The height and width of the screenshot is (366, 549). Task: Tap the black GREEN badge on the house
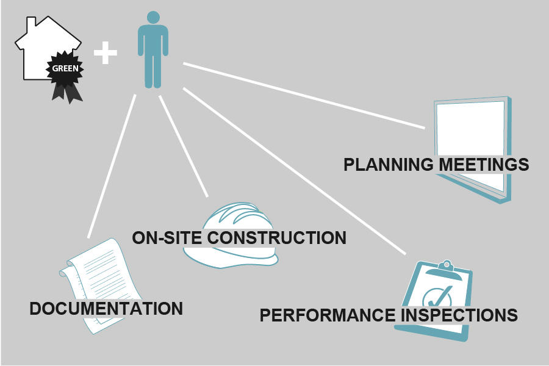[65, 68]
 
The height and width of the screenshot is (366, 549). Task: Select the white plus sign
[105, 53]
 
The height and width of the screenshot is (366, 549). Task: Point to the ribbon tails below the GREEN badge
[66, 91]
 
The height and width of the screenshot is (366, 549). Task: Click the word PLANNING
[389, 165]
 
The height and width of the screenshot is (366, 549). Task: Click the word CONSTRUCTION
[277, 238]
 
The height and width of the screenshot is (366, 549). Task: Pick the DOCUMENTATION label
[106, 309]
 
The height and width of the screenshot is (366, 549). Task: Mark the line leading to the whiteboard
[305, 96]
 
